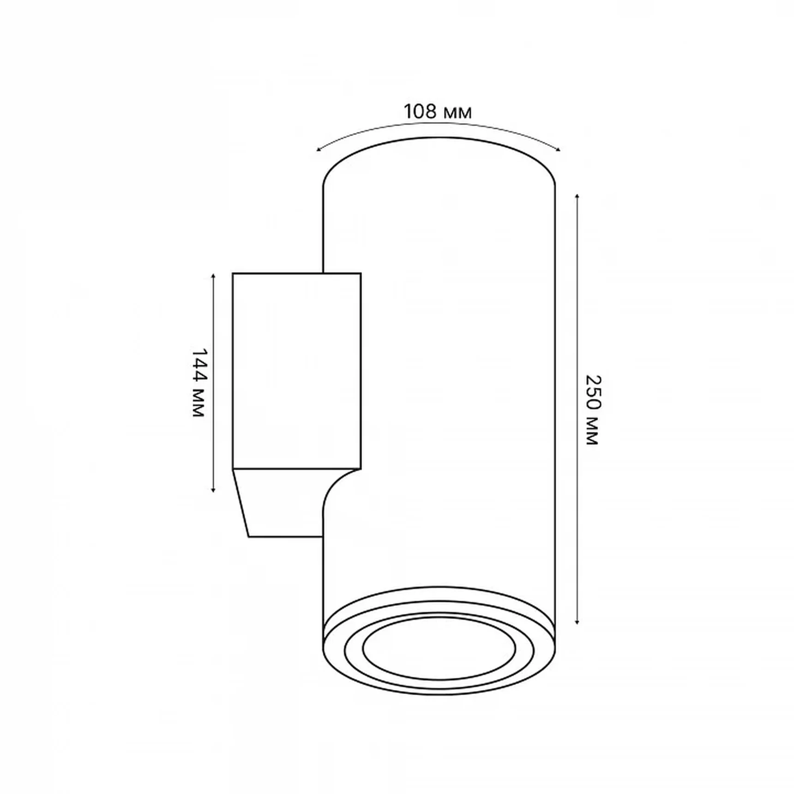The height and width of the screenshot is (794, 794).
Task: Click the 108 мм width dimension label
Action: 438,111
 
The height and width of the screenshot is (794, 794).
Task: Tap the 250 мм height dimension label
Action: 592,410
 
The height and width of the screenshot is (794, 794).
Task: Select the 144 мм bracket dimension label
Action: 198,383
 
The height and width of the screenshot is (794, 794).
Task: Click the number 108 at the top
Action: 420,111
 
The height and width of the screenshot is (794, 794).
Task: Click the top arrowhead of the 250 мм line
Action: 577,197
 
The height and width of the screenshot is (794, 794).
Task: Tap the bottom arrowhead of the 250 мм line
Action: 577,622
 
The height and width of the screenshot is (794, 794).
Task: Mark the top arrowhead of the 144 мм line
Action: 213,276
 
